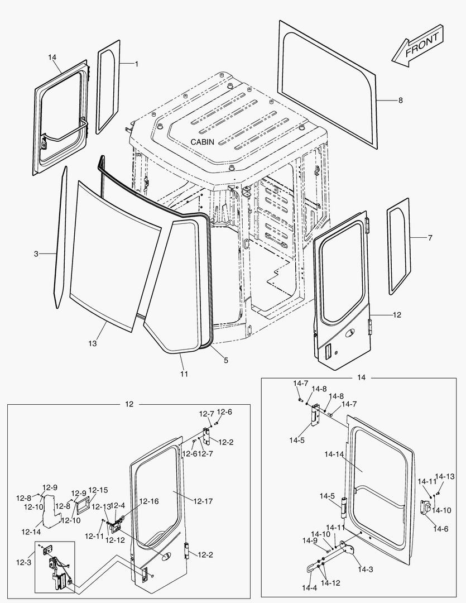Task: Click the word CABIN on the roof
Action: pos(202,142)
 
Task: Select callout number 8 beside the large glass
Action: pos(400,100)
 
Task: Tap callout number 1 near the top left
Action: pos(137,64)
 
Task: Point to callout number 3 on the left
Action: pos(36,254)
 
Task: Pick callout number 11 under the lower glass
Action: pos(184,373)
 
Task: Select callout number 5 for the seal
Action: pos(225,361)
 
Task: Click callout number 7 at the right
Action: pos(430,238)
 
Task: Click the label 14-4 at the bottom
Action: pos(309,588)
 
